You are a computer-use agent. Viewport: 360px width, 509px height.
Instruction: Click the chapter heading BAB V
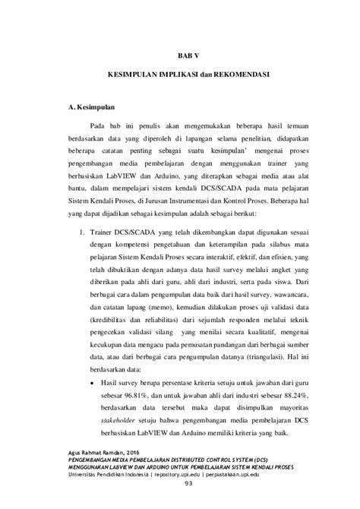point(180,55)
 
